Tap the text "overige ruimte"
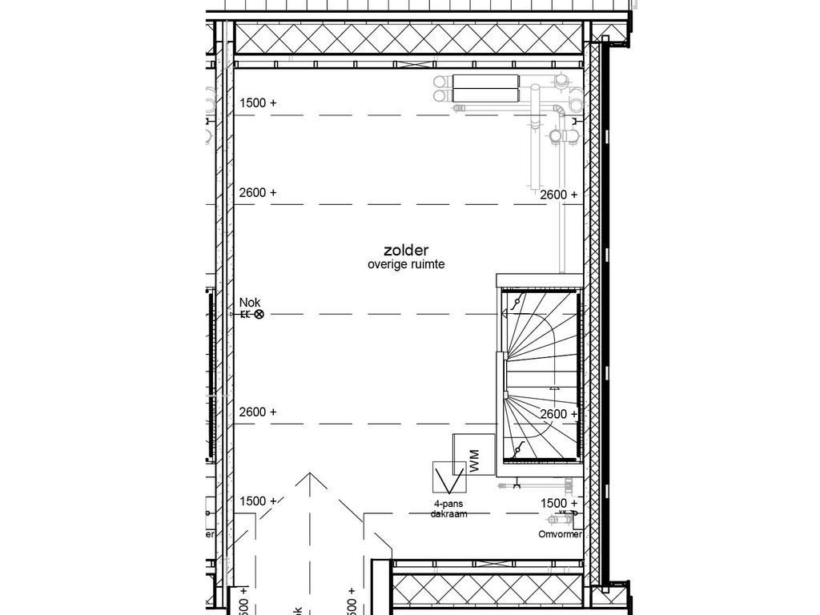pyautogui.click(x=406, y=264)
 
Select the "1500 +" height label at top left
pyautogui.click(x=257, y=103)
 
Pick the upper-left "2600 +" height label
pyautogui.click(x=257, y=193)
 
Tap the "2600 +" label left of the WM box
pyautogui.click(x=257, y=412)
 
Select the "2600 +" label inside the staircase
pyautogui.click(x=558, y=414)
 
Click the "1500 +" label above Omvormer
pyautogui.click(x=558, y=503)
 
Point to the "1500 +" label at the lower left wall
pyautogui.click(x=257, y=501)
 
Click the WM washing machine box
pyautogui.click(x=473, y=456)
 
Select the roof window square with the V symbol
pyautogui.click(x=448, y=479)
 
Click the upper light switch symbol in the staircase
pyautogui.click(x=517, y=303)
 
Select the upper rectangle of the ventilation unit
pyautogui.click(x=485, y=82)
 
